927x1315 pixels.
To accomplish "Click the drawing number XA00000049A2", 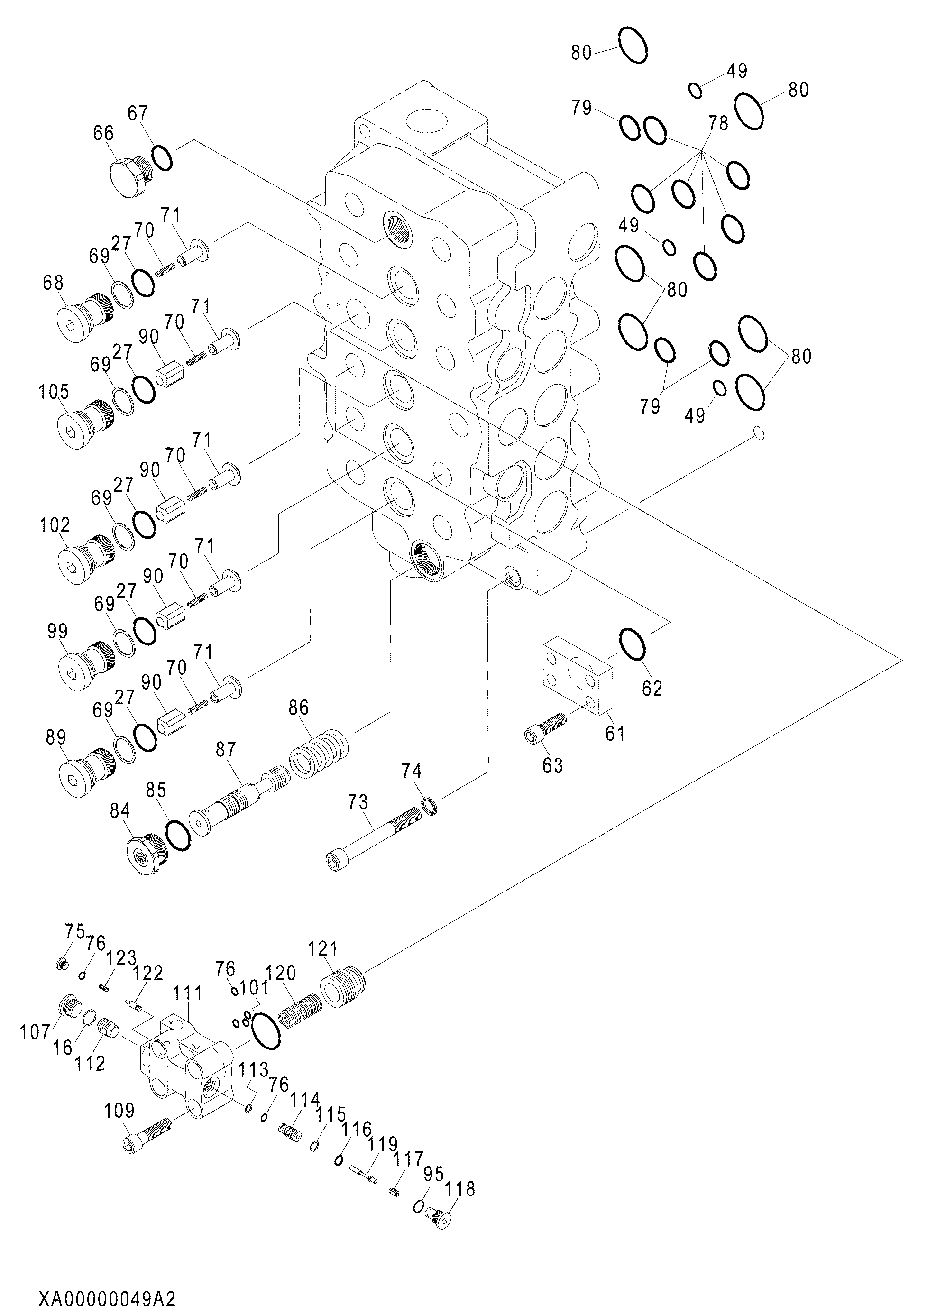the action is coord(107,1298).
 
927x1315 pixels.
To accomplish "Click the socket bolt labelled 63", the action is coord(545,727).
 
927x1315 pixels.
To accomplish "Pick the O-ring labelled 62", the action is coord(633,644).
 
